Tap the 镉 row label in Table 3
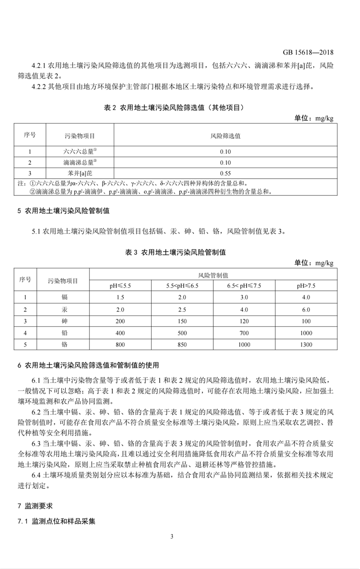point(63,298)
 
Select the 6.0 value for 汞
point(306,310)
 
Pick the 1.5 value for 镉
point(120,298)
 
